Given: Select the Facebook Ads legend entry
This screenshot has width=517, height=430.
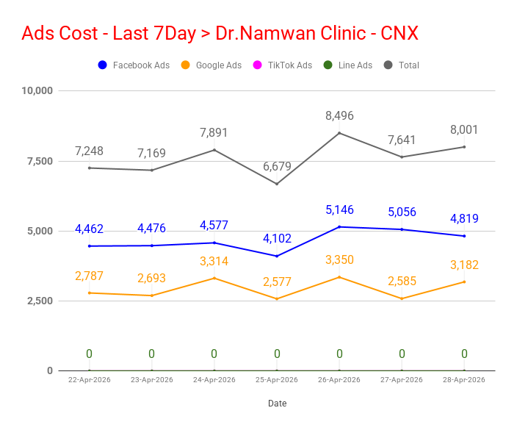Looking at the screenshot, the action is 134,65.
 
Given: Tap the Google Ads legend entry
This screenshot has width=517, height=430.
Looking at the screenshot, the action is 211,65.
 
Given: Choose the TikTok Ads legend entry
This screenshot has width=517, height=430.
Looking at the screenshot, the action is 282,65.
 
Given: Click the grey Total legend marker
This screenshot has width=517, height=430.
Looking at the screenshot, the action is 388,65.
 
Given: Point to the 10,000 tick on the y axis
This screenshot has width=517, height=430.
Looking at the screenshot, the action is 37,90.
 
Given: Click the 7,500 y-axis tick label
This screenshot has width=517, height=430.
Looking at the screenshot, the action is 40,161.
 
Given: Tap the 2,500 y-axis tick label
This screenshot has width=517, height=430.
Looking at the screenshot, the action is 40,301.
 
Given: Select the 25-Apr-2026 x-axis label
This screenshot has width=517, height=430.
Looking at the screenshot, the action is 277,380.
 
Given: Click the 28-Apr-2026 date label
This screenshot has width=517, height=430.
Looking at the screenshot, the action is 464,380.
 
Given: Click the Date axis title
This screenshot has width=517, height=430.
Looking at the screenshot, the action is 278,404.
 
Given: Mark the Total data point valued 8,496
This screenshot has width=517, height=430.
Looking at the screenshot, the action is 339,133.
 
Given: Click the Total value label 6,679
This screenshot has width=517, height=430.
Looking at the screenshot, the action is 277,166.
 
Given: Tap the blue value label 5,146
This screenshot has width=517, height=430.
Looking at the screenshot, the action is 339,210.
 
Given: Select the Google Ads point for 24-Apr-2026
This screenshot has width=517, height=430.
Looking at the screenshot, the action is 214,278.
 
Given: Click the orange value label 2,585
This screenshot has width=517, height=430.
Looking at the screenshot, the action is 402,282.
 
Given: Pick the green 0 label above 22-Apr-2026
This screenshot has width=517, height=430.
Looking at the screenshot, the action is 89,354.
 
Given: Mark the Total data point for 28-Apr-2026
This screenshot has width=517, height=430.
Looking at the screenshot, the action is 464,147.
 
